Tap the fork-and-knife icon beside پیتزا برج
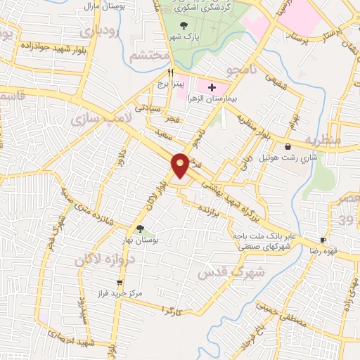tap(170, 72)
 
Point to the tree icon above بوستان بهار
tap(139, 228)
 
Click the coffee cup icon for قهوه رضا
tap(323, 240)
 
